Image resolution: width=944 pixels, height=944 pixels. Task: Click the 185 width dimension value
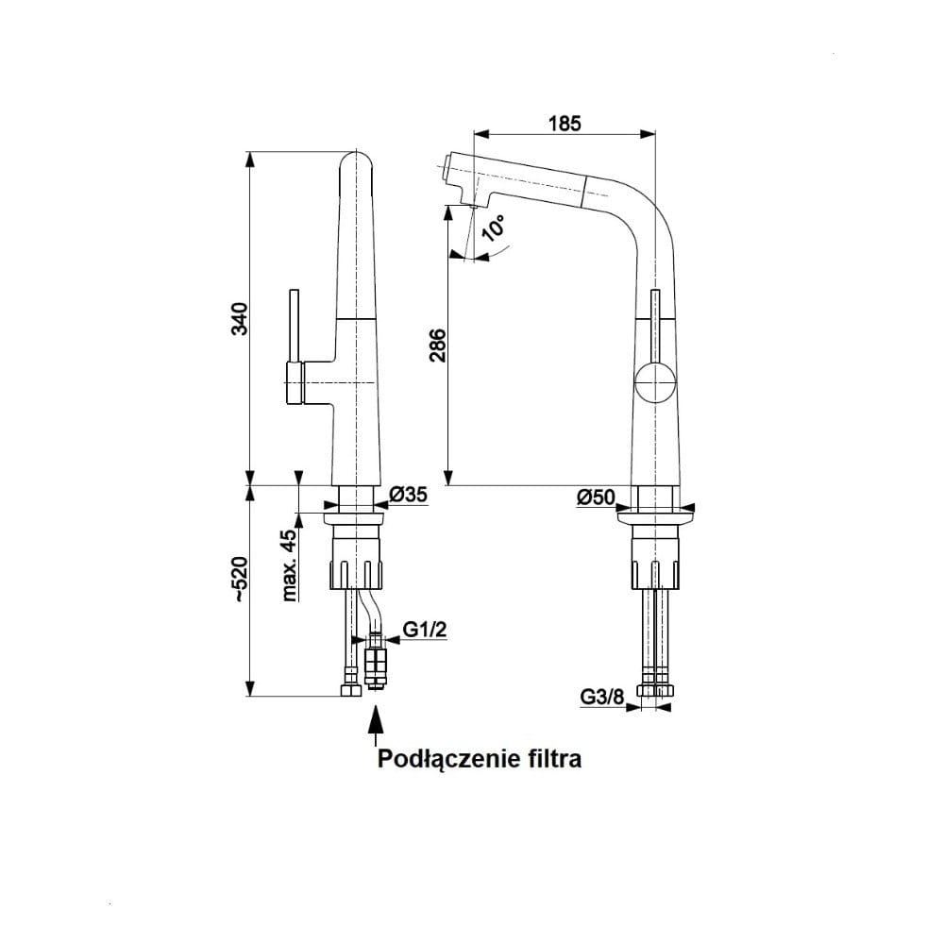point(565,124)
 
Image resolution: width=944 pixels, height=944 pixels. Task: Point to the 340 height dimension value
point(239,318)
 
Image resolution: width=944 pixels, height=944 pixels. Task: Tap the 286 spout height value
point(438,345)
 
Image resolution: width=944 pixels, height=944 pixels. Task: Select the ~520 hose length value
point(239,580)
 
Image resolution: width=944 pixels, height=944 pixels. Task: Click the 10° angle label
point(495,228)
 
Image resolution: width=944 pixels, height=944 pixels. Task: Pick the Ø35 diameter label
point(408,495)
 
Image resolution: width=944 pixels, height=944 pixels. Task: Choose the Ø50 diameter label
point(596,497)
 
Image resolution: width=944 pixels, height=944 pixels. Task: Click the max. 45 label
point(290,565)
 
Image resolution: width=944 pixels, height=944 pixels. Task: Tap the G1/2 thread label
point(425,630)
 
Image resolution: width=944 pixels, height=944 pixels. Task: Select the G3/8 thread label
point(602,698)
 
